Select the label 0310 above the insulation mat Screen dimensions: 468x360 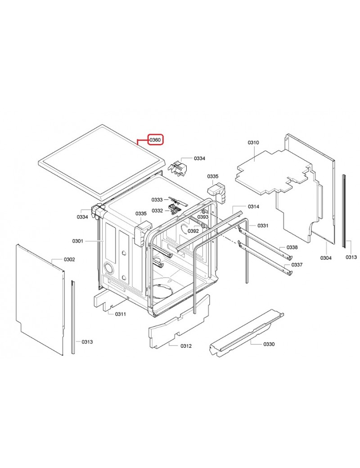click(253, 143)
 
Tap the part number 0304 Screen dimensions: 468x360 click(326, 258)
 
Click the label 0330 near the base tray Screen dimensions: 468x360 click(269, 344)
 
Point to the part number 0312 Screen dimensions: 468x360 click(186, 346)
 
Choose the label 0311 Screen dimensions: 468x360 click(120, 314)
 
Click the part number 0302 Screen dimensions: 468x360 click(69, 260)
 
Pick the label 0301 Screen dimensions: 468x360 click(78, 241)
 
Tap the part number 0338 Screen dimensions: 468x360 click(292, 248)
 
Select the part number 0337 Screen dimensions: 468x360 click(297, 265)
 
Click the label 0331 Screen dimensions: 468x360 click(263, 225)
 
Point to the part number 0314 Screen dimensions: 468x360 click(253, 207)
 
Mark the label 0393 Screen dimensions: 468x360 click(203, 217)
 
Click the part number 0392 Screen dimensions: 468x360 click(193, 231)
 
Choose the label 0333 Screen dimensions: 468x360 click(157, 199)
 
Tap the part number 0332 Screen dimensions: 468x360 click(157, 210)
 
